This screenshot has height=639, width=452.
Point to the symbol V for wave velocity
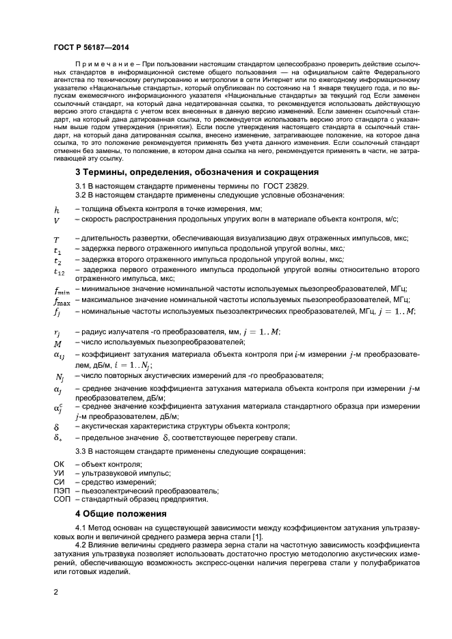pos(57,220)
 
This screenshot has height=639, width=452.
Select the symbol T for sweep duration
pos(57,239)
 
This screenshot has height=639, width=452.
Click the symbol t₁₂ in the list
pos(59,271)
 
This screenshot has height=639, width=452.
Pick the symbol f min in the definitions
pos(62,290)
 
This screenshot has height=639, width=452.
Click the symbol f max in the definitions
pos(62,301)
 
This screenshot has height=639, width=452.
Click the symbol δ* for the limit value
pos(57,437)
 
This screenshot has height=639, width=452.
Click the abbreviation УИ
pos(58,473)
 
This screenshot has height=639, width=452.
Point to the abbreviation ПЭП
pos(60,490)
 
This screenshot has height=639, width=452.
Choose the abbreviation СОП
pos(60,499)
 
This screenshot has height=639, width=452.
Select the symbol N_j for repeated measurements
pos(59,377)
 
